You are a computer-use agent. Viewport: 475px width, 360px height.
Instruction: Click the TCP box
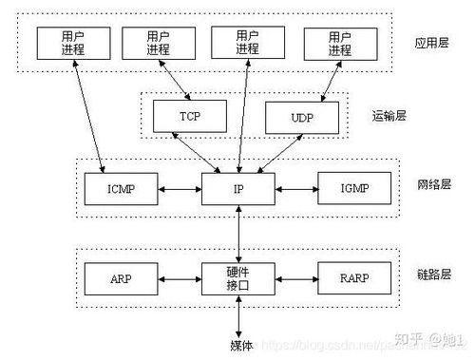[x=190, y=115]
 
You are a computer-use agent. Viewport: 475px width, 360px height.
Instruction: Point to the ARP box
[x=121, y=278]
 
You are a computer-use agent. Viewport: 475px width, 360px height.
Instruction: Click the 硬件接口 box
[x=237, y=278]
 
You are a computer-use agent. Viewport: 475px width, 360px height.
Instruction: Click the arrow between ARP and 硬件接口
[x=180, y=278]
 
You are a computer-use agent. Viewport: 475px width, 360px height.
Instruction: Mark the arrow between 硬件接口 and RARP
[x=295, y=278]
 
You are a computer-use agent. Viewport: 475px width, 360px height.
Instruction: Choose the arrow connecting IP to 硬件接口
[x=237, y=233]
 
